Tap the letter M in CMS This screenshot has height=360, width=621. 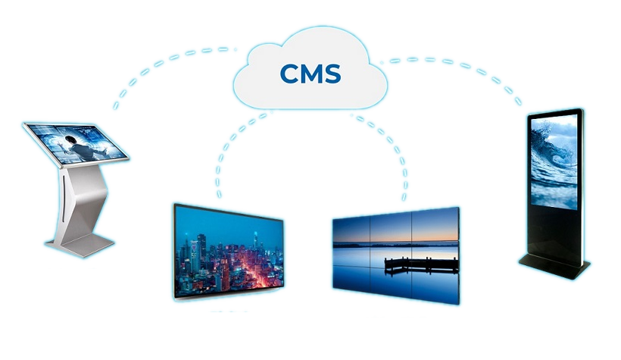tap(310, 74)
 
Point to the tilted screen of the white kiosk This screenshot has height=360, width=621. tap(76, 143)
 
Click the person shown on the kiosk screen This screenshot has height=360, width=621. tap(73, 142)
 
